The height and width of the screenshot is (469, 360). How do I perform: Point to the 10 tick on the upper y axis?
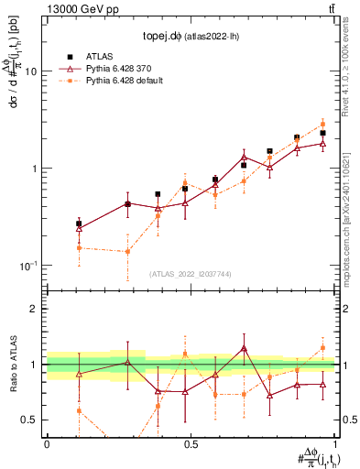point(35,71)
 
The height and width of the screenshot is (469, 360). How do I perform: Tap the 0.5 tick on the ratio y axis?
point(34,420)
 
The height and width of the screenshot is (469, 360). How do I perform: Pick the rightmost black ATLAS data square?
point(322,133)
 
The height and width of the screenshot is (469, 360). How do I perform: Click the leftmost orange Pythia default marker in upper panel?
point(80,247)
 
